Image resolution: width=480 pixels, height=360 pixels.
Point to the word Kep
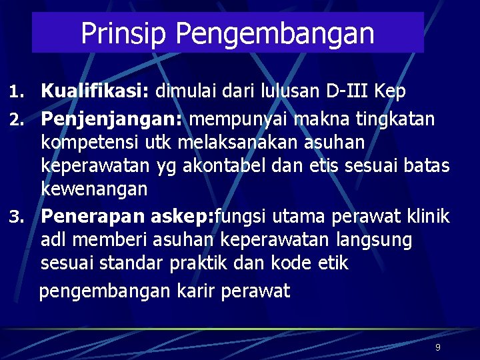coord(389,91)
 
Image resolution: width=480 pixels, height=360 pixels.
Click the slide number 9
coord(437,347)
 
